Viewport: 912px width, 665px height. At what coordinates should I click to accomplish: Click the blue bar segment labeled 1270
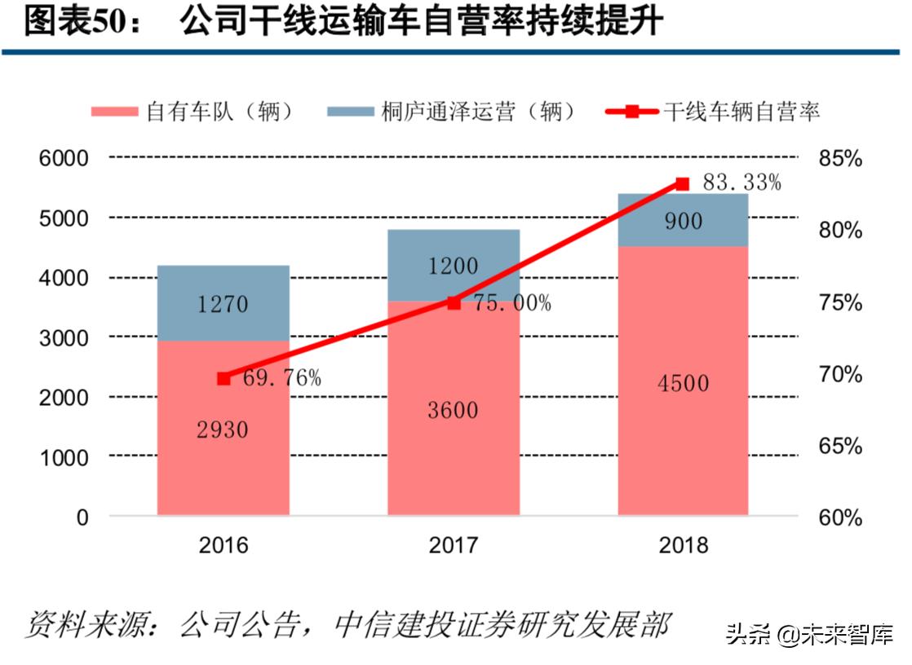pyautogui.click(x=223, y=303)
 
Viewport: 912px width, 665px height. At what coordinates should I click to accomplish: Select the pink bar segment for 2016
pyautogui.click(x=223, y=428)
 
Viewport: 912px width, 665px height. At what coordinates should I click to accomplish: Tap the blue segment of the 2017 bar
pyautogui.click(x=453, y=265)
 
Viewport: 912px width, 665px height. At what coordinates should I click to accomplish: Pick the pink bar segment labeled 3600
pyautogui.click(x=453, y=409)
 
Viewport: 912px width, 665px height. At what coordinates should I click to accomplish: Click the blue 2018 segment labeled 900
pyautogui.click(x=683, y=220)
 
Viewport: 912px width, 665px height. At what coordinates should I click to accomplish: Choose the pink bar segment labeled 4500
pyautogui.click(x=683, y=381)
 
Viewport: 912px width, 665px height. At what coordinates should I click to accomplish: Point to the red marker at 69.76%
pyautogui.click(x=224, y=378)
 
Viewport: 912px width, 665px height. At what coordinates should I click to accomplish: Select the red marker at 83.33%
pyautogui.click(x=684, y=184)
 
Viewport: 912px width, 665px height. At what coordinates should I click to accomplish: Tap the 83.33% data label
pyautogui.click(x=742, y=183)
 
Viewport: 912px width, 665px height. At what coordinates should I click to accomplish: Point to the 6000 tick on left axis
pyautogui.click(x=64, y=159)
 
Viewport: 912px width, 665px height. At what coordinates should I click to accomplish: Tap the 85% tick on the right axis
pyautogui.click(x=840, y=159)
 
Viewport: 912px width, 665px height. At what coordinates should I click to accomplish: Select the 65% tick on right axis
pyautogui.click(x=840, y=447)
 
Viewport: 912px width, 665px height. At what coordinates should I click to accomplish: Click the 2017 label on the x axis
pyautogui.click(x=454, y=545)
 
